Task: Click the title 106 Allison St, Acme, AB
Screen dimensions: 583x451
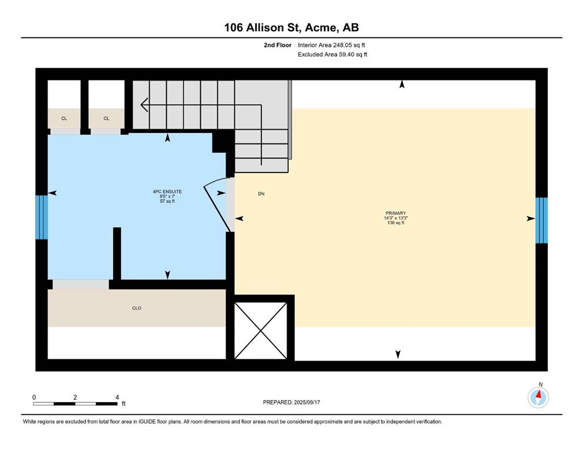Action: [x=291, y=28]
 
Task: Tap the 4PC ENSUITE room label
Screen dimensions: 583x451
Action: [x=167, y=191]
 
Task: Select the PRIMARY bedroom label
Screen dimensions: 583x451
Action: [x=396, y=213]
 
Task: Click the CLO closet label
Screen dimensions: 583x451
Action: [x=136, y=308]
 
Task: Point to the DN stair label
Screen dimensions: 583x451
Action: [x=261, y=194]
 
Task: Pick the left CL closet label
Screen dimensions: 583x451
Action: [x=64, y=118]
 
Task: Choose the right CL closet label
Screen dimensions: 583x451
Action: [x=106, y=118]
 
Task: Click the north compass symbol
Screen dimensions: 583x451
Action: [x=538, y=397]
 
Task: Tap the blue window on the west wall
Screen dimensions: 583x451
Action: [x=42, y=217]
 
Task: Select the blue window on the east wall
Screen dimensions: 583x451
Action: [x=541, y=220]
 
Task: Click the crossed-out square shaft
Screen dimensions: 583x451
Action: [x=261, y=331]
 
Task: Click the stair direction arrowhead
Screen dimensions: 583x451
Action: [x=144, y=105]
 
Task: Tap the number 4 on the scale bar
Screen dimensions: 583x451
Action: [x=117, y=397]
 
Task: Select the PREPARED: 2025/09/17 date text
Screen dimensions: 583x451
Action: [x=291, y=402]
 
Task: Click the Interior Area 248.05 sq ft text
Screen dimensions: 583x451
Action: [x=331, y=45]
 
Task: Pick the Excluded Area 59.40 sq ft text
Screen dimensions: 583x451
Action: [x=332, y=54]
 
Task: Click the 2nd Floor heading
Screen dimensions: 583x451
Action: [x=277, y=45]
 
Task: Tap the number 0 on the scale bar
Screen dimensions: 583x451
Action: [x=34, y=397]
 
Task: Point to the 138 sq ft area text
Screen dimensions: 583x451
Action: [x=396, y=223]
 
